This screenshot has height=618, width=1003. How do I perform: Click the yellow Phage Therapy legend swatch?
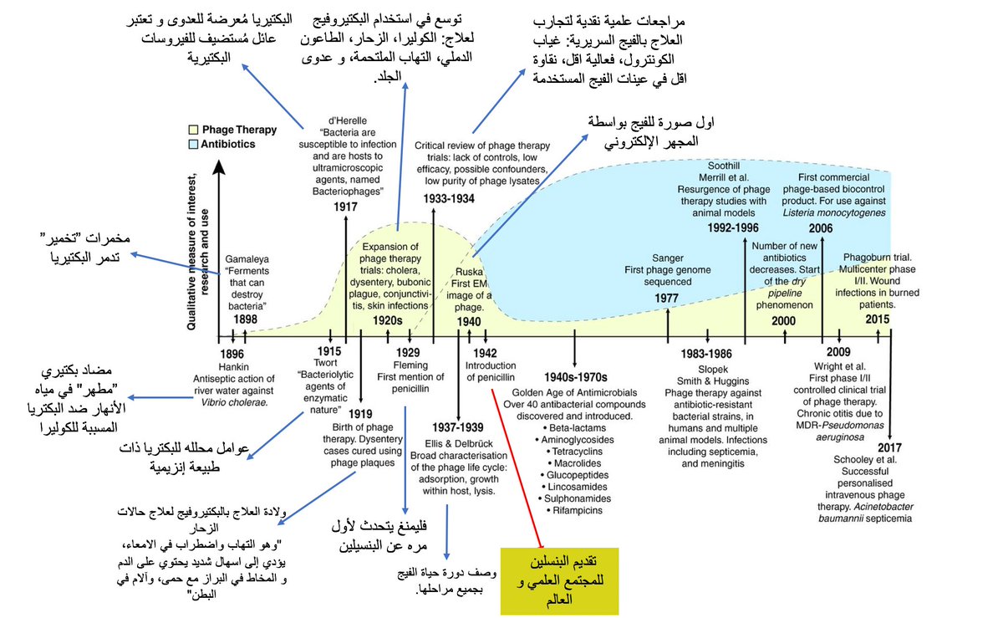pyautogui.click(x=193, y=130)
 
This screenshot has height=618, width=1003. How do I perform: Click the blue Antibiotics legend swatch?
pyautogui.click(x=193, y=144)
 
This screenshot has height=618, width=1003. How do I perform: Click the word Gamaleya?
pyautogui.click(x=245, y=260)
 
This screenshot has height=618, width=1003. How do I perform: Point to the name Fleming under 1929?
pyautogui.click(x=408, y=365)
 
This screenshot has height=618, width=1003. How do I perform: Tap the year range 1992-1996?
pyautogui.click(x=733, y=227)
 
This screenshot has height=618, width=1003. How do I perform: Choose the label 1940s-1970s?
pyautogui.click(x=575, y=376)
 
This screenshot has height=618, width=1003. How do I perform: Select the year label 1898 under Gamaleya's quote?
pyautogui.click(x=245, y=319)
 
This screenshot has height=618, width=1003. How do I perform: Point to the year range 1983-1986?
pyautogui.click(x=706, y=354)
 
